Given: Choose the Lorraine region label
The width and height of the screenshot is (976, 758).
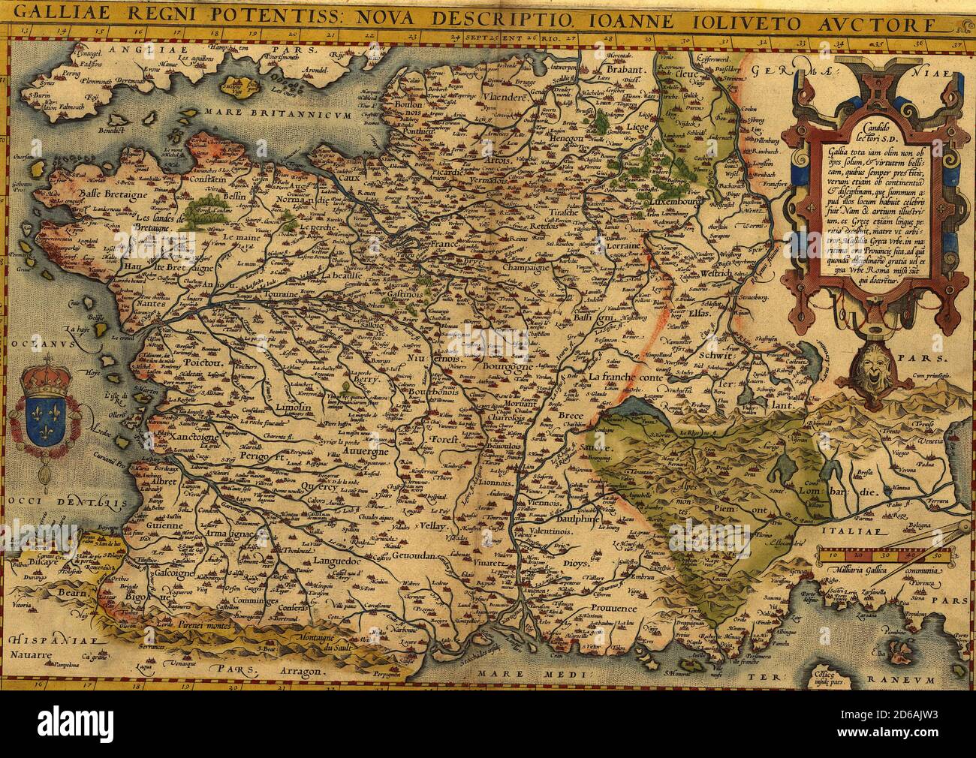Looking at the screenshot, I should (622, 245).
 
